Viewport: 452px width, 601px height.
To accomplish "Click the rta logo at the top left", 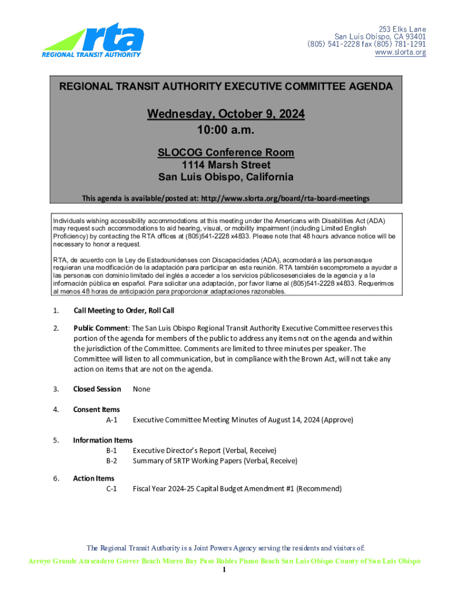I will [93, 41].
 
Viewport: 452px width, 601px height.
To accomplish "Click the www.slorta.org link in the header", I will [401, 53].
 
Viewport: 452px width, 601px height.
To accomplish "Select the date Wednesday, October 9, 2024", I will [226, 114].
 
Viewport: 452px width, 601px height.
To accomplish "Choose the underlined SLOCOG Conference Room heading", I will [226, 153].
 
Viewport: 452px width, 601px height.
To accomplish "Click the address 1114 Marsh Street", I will [226, 165].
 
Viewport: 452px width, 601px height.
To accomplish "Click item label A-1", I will [112, 420].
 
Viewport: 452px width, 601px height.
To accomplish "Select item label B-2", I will [112, 461].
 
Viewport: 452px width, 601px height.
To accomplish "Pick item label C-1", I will [112, 488].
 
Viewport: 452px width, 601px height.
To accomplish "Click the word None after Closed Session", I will [141, 389].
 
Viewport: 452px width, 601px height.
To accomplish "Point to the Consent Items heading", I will [96, 409].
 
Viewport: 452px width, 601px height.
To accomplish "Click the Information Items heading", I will [103, 440].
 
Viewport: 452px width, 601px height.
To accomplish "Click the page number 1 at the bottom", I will [225, 570].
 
